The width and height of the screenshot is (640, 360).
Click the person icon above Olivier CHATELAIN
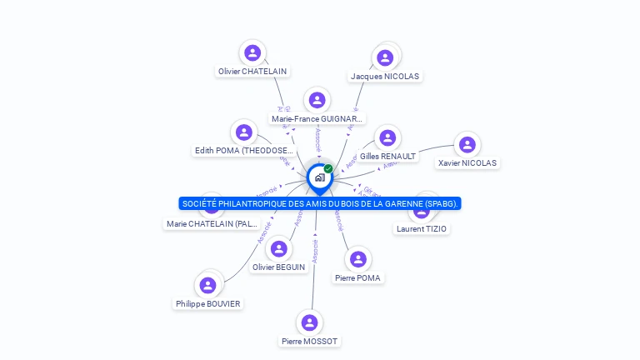252,53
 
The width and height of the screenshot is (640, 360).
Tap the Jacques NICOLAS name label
385,76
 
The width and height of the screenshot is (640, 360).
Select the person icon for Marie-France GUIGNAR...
317,101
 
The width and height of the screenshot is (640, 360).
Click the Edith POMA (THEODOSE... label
244,151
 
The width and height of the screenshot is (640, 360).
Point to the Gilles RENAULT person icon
387,137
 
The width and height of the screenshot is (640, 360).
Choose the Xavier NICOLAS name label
467,163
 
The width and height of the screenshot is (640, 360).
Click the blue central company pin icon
318,177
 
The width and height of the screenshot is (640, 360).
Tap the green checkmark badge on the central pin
328,168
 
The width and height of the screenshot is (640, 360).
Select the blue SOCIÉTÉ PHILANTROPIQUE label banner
320,203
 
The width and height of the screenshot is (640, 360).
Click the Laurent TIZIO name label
422,228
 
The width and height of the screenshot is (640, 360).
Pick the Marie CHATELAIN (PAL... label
212,223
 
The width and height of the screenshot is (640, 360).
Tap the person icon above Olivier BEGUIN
278,248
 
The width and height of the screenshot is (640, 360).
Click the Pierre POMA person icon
358,259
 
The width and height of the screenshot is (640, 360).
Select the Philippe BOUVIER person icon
208,285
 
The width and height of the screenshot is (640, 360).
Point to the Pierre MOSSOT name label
310,341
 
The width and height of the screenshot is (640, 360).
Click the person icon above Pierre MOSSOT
310,322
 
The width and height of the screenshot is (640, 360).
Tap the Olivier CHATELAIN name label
252,72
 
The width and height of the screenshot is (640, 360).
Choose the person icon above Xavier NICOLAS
467,145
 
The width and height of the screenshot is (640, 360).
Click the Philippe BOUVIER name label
208,304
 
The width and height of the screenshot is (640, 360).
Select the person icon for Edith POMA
243,132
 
